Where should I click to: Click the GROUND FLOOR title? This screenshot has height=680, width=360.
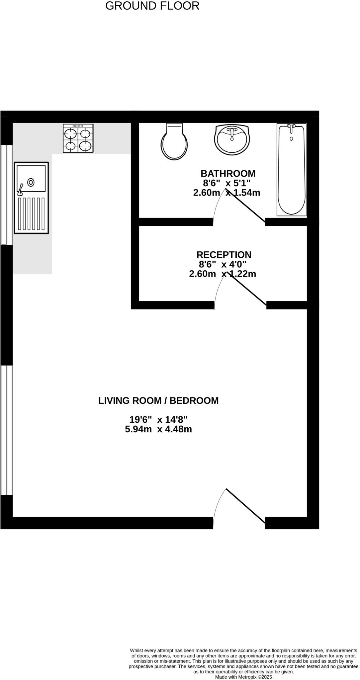[152, 6]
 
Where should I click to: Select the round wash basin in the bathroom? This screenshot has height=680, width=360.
[232, 140]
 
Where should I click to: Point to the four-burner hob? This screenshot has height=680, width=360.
[78, 138]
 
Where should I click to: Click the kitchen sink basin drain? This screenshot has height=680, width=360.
[31, 182]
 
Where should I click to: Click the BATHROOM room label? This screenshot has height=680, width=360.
[228, 174]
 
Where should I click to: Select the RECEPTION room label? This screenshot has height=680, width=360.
[224, 255]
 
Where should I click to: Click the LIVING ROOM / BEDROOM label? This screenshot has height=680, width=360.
[158, 400]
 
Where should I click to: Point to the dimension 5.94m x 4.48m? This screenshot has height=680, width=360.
[158, 429]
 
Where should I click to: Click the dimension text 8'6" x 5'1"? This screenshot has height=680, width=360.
[226, 183]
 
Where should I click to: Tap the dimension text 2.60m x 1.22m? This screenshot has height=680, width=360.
[222, 274]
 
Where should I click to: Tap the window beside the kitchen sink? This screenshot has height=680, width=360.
[6, 194]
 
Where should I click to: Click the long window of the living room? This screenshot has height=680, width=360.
[6, 430]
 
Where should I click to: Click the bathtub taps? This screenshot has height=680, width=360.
[291, 127]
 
